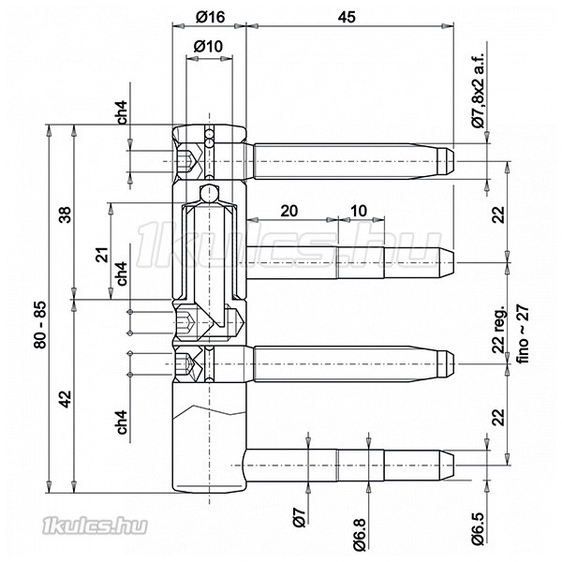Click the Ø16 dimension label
coord(210,17)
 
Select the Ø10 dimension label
coord(208,46)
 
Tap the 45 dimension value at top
coord(347,17)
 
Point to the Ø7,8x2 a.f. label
coord(478,90)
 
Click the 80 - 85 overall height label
coord(40,325)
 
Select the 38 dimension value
coord(66,214)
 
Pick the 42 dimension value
coord(66,399)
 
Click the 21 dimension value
coord(102,255)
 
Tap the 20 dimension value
coord(288,211)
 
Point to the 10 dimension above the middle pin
coord(358,211)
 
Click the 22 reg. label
coord(498,330)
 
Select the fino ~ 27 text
coord(523,334)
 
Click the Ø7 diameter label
coord(300,517)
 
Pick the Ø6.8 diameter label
coord(360,534)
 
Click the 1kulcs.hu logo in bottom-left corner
coord(95,526)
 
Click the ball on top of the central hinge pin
coord(209,194)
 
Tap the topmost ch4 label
coord(123,112)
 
